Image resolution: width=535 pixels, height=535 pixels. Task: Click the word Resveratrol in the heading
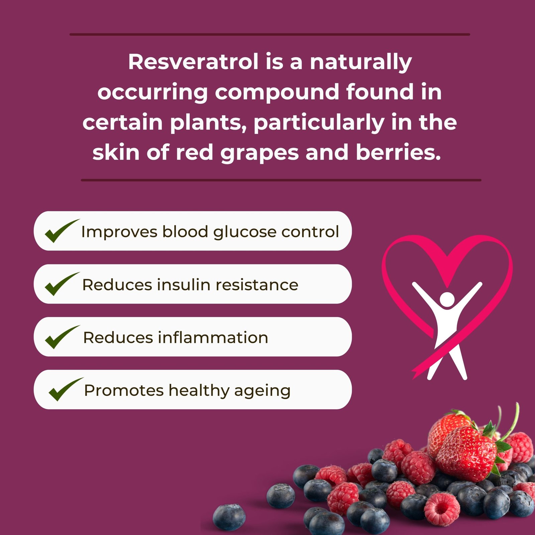coord(193,62)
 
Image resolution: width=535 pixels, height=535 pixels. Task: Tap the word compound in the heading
coord(277,92)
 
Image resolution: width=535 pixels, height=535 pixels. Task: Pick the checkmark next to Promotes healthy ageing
coord(64,390)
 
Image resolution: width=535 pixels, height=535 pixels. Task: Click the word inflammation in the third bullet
coord(213,338)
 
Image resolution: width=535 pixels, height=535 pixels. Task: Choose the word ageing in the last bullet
coord(262,391)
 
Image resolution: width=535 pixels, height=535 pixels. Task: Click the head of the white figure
coord(447,299)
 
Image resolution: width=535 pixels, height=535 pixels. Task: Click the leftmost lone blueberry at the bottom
coord(229,517)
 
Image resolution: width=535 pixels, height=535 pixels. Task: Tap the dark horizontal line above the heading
coord(270,34)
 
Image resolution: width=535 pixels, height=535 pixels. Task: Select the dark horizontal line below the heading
coord(281,180)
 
